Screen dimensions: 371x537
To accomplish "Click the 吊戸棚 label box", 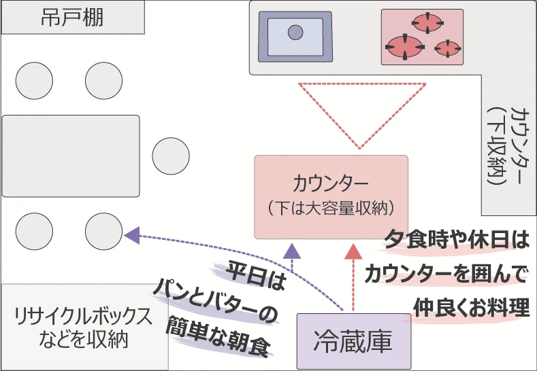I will tap(73, 17).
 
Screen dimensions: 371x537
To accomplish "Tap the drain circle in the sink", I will tap(295, 32).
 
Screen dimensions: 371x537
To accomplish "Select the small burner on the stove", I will tap(447, 48).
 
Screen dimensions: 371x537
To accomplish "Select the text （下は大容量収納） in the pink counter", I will tap(331, 207).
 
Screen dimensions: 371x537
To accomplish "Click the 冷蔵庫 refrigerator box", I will tap(353, 341).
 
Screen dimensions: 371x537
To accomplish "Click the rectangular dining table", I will tap(71, 156).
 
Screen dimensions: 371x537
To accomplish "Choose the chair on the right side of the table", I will tap(171, 156).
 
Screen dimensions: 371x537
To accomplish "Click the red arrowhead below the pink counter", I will tap(353, 251).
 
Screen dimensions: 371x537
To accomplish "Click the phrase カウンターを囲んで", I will tap(446, 274).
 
